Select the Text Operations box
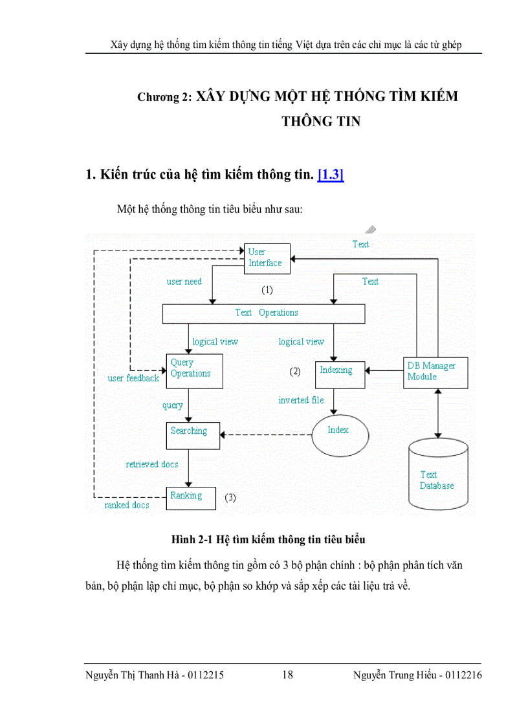click(x=263, y=313)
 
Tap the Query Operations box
click(x=195, y=370)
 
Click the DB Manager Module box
click(x=435, y=372)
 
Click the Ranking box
click(x=191, y=497)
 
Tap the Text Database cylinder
click(x=438, y=475)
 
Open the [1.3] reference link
click(x=330, y=174)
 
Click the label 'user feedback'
click(x=133, y=378)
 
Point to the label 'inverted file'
click(x=301, y=400)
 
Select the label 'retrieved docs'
click(x=152, y=464)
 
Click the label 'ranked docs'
click(x=126, y=505)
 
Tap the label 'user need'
click(x=184, y=282)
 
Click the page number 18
click(x=287, y=675)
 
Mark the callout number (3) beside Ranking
click(x=230, y=498)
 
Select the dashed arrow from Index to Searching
click(x=265, y=434)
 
